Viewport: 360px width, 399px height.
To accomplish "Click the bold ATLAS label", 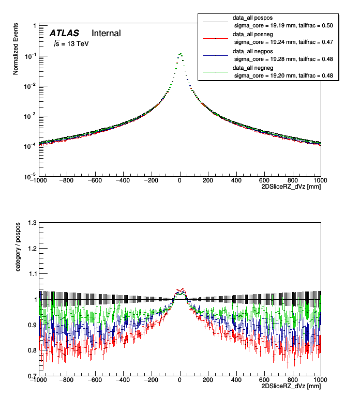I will [x=64, y=33].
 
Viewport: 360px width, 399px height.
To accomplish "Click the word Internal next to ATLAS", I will [x=106, y=33].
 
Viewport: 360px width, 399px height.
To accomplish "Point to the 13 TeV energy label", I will [x=71, y=44].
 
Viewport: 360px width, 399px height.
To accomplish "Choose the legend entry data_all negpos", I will [x=253, y=52].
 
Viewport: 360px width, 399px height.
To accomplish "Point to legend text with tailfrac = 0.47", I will [x=316, y=43].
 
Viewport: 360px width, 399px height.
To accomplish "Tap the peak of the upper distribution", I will [x=179, y=53].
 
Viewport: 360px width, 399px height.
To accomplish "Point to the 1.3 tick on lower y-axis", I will [x=32, y=223].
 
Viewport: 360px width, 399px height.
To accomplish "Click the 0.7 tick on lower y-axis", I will [x=32, y=376].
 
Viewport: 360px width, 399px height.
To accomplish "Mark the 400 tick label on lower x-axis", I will [x=236, y=380].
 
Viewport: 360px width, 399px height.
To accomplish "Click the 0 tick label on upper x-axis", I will [x=179, y=180].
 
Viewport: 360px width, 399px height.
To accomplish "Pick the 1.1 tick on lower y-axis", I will [x=32, y=274].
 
